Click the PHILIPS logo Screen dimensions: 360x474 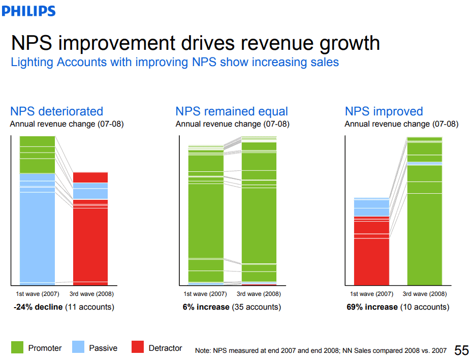[x=29, y=11]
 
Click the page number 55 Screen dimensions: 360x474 [x=461, y=350]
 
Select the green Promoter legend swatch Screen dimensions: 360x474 [x=17, y=347]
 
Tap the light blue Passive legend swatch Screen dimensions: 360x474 [x=78, y=347]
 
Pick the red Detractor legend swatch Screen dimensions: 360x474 [x=138, y=347]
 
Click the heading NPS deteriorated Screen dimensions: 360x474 [x=56, y=111]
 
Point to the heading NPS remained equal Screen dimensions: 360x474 [x=232, y=111]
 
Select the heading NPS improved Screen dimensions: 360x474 [x=384, y=111]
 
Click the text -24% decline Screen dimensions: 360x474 [x=38, y=307]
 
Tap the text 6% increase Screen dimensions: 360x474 [x=206, y=307]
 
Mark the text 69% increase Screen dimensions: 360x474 [x=372, y=307]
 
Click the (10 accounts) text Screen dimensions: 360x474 [x=425, y=307]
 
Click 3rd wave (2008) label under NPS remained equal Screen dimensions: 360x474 [x=259, y=294]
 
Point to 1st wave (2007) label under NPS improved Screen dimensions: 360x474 [x=372, y=294]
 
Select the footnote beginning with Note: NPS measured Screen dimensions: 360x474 [x=321, y=350]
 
